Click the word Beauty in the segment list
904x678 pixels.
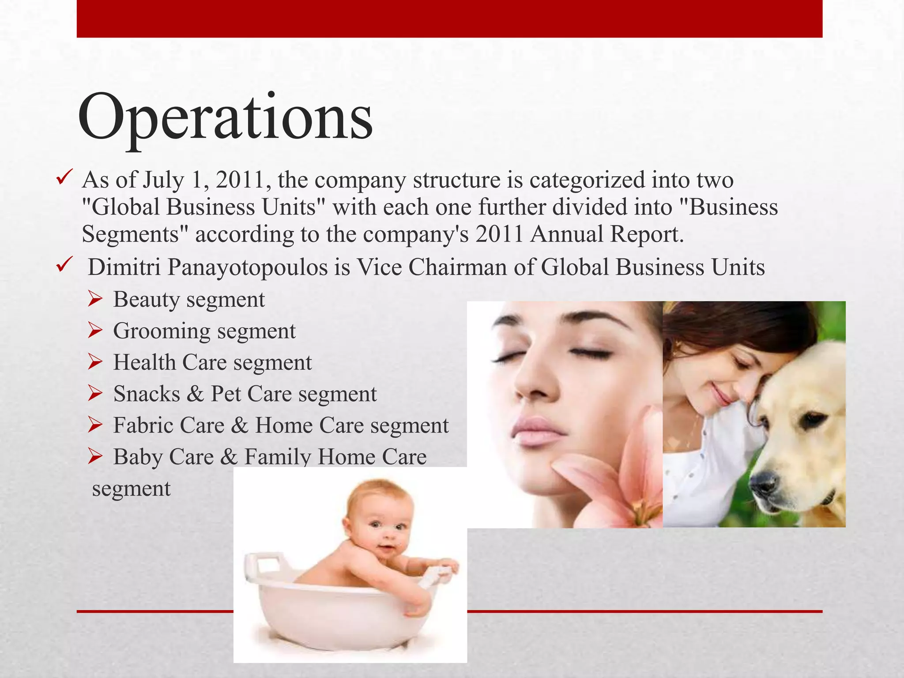(x=146, y=300)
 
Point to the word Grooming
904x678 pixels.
(x=161, y=331)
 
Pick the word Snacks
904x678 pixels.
(x=147, y=394)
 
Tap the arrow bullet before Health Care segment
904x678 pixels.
(x=95, y=362)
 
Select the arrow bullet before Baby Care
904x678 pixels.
(x=95, y=457)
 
